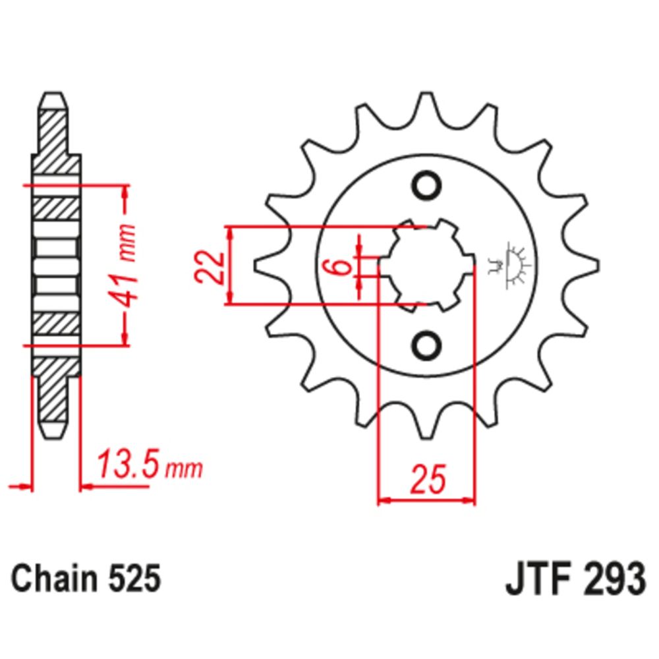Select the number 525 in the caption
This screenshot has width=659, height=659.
(132, 580)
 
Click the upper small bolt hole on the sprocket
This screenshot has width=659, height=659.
(426, 184)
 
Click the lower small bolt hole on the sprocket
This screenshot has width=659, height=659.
(426, 345)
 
